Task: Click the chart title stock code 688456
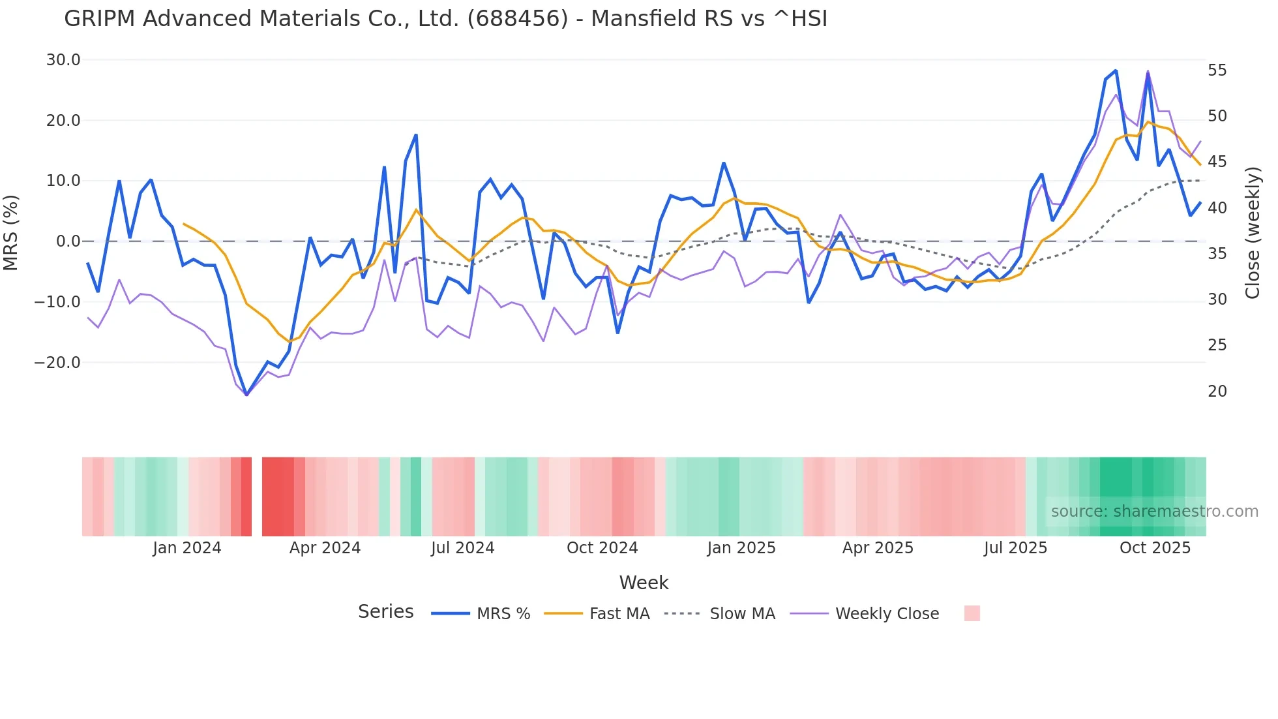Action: tap(518, 19)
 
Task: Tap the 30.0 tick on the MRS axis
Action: tap(63, 60)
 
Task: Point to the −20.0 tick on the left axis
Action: tap(57, 363)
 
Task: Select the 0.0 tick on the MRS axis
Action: tap(68, 241)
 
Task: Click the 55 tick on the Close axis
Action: tap(1217, 70)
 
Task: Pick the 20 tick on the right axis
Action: tap(1217, 391)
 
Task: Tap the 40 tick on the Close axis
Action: tap(1217, 208)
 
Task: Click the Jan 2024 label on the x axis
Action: tap(187, 548)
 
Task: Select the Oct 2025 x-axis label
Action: tap(1155, 548)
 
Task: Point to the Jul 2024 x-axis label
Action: tap(462, 548)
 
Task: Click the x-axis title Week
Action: tap(644, 583)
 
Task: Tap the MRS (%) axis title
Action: tap(11, 232)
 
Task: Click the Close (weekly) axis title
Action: tap(1253, 233)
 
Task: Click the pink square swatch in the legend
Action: tap(972, 613)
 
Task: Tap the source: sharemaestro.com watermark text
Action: tap(1154, 512)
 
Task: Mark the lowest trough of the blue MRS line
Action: tap(246, 395)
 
